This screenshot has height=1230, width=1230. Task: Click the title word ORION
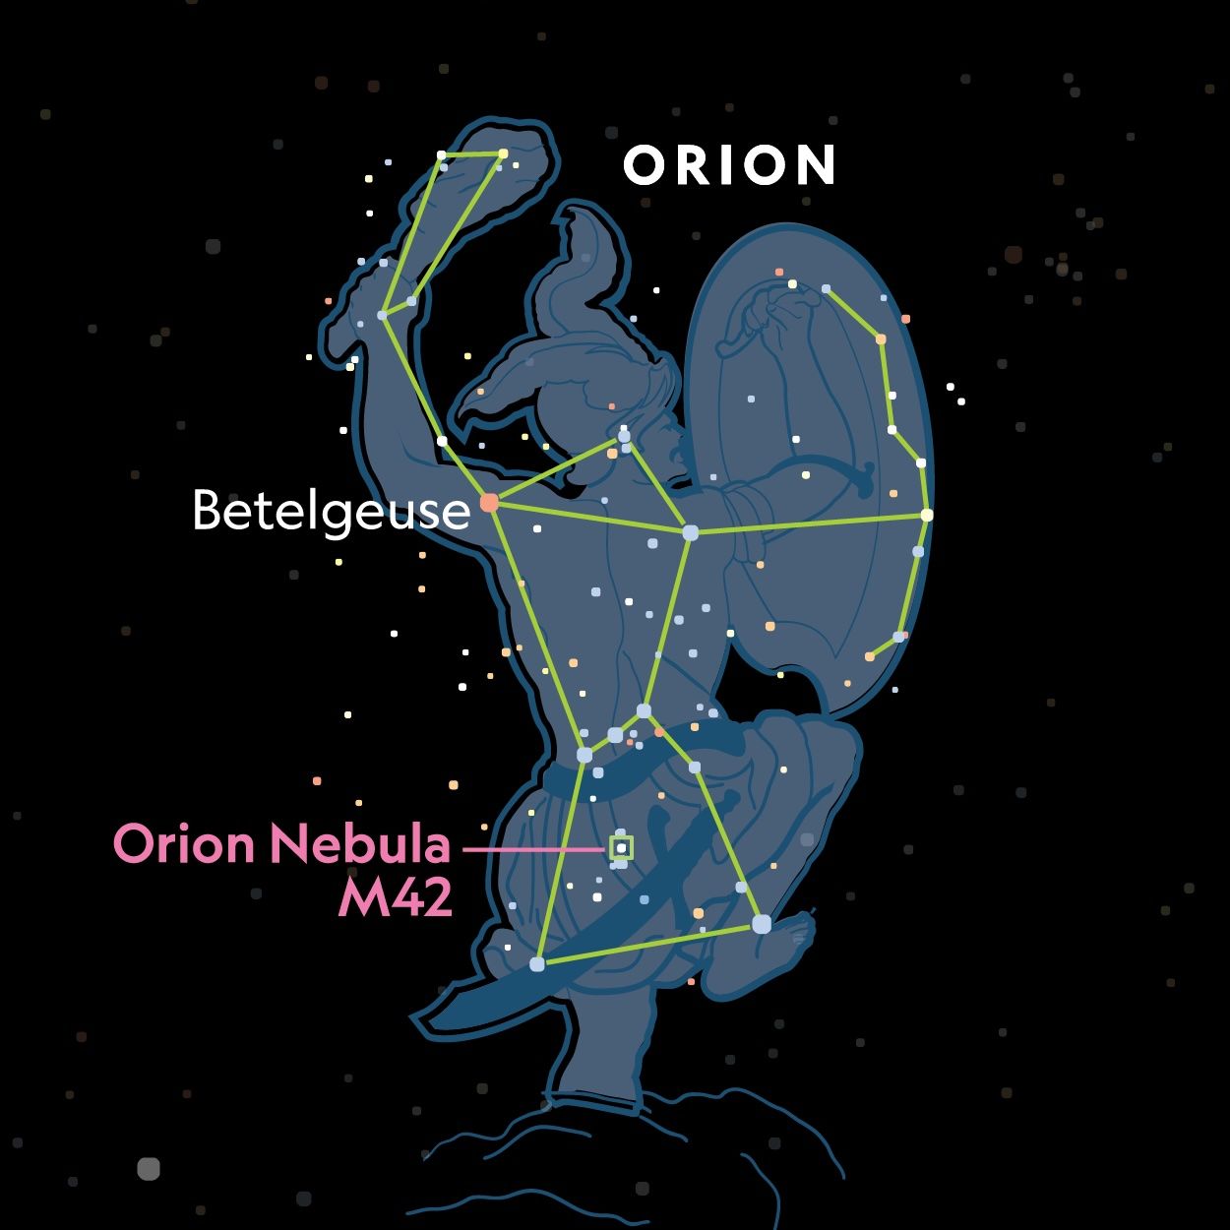pyautogui.click(x=729, y=164)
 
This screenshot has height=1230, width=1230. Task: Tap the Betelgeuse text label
pyautogui.click(x=332, y=512)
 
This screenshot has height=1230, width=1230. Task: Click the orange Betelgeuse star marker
pyautogui.click(x=489, y=503)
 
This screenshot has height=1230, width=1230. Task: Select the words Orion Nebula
pyautogui.click(x=281, y=843)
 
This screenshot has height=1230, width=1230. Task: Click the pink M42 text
pyautogui.click(x=396, y=898)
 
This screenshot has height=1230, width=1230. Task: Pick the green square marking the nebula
pyautogui.click(x=621, y=847)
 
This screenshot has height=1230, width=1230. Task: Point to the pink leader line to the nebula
pyautogui.click(x=533, y=849)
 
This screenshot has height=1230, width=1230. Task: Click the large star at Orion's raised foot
pyautogui.click(x=762, y=924)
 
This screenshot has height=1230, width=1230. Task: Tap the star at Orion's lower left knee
pyautogui.click(x=537, y=964)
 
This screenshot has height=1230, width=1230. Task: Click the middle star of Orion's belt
pyautogui.click(x=615, y=735)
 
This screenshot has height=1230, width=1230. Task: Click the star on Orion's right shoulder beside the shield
pyautogui.click(x=691, y=532)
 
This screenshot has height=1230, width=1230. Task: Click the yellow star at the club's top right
pyautogui.click(x=503, y=154)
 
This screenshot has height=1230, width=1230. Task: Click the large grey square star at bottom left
pyautogui.click(x=149, y=1169)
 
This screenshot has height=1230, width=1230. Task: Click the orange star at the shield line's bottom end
pyautogui.click(x=869, y=656)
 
